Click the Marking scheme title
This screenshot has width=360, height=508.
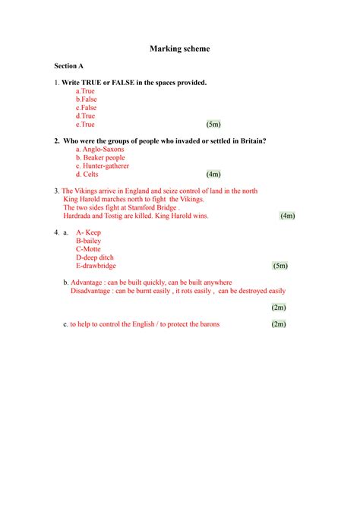(179, 49)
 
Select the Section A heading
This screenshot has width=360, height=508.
(68, 66)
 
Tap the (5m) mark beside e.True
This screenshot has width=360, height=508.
(213, 124)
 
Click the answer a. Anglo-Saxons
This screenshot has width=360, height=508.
(100, 149)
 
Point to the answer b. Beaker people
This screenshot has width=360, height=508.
(100, 157)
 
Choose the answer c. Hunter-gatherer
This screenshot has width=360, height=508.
(103, 166)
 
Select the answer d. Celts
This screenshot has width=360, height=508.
(87, 174)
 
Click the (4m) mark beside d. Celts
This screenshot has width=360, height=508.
(213, 174)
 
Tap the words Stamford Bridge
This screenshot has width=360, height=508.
(152, 207)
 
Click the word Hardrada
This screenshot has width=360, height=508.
(79, 216)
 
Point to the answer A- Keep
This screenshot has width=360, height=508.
(89, 232)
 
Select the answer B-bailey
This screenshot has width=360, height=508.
(89, 241)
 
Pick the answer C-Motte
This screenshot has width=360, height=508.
(88, 249)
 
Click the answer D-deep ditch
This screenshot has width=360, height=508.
(94, 257)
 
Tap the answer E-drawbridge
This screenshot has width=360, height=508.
(96, 266)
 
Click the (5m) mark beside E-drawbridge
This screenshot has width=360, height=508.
(280, 266)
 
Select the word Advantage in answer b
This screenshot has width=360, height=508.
(87, 282)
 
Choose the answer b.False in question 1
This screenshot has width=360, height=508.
(87, 99)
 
